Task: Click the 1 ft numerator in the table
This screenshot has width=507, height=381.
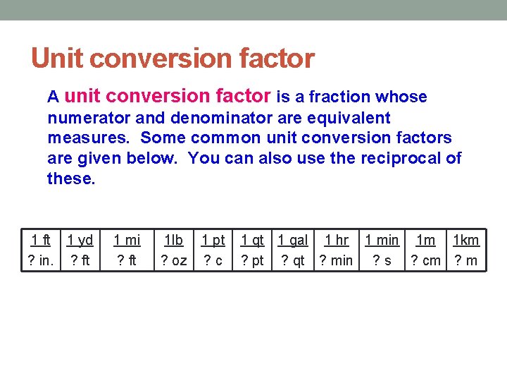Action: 40,240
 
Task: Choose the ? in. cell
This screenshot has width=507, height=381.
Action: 40,260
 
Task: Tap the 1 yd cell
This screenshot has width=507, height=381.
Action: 80,240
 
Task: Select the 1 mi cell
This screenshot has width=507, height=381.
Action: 127,240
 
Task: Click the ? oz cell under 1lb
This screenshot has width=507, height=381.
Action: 174,260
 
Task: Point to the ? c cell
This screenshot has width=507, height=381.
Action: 213,260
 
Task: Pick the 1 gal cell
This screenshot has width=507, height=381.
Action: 293,240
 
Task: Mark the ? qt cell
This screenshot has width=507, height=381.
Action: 293,260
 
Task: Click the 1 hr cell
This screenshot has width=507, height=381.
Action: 336,240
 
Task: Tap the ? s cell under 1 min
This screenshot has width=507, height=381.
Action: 382,260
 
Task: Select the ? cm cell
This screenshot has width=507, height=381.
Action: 425,260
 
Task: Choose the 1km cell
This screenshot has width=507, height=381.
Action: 465,240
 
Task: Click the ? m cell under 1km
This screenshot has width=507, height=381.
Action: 465,260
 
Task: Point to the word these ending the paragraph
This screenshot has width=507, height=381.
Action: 70,178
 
